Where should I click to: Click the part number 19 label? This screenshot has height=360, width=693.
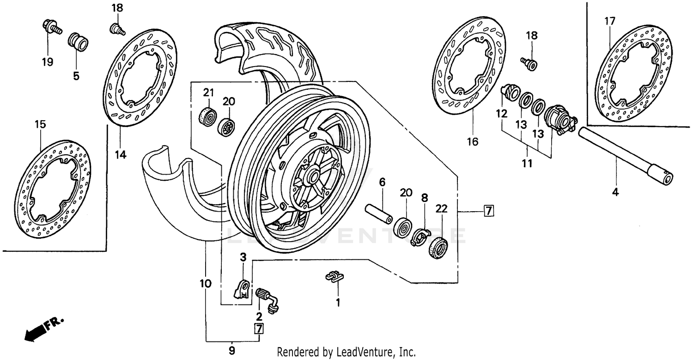48,62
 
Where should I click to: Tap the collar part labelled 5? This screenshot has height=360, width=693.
77,43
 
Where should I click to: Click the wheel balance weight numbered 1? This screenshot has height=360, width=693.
334,276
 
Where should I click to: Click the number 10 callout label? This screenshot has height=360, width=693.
206,283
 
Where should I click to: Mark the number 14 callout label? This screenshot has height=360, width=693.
121,154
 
